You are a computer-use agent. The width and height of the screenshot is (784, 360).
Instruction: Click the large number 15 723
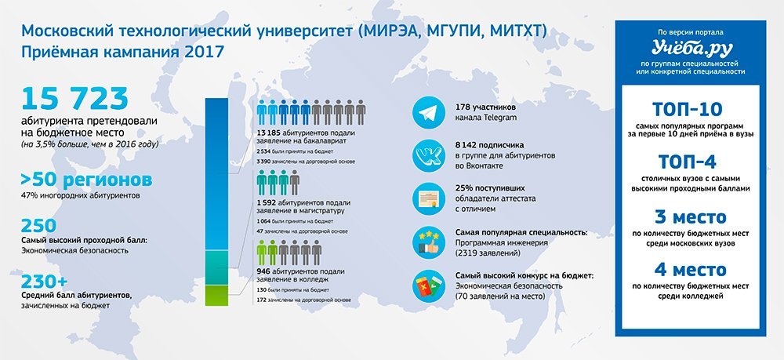tap(74, 99)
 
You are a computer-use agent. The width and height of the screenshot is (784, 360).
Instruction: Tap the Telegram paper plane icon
tap(429, 113)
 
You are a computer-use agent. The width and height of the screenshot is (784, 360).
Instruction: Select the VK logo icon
tap(429, 156)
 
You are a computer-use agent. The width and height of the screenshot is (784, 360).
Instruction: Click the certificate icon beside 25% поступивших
tap(429, 199)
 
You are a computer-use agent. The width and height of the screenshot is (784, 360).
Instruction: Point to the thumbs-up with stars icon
tap(429, 242)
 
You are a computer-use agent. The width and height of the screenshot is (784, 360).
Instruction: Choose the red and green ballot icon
tap(429, 285)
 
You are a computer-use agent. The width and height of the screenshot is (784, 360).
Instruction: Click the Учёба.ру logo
tap(691, 49)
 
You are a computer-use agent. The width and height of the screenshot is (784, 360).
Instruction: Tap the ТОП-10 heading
tap(691, 110)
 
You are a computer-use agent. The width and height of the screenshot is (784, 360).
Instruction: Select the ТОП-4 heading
tap(691, 162)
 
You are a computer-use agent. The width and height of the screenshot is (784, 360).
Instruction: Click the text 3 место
tap(691, 217)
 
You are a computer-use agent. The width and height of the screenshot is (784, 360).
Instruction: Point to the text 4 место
tap(691, 270)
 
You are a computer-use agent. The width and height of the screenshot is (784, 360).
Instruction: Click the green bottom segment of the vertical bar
tap(216, 295)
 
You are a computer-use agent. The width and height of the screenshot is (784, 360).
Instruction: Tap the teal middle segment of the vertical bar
tap(216, 267)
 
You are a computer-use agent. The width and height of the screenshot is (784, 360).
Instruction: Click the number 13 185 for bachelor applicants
tap(268, 133)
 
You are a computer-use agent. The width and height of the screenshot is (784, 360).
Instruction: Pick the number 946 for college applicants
tap(263, 271)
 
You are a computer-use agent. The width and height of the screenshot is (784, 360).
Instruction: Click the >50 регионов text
tap(86, 180)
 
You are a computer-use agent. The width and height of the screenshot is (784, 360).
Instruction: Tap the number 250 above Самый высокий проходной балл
tap(38, 226)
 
